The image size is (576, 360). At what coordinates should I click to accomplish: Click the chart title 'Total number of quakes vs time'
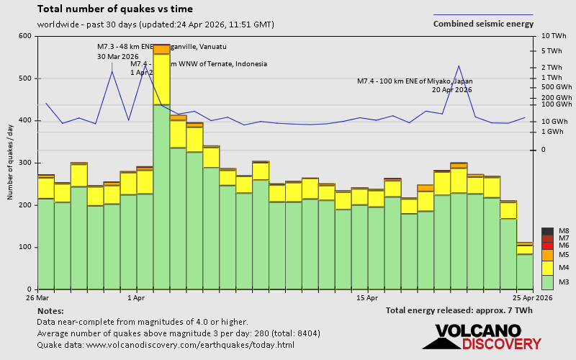(114, 9)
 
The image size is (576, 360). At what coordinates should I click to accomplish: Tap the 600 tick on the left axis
(26, 36)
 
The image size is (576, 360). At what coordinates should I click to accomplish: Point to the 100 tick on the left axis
(26, 247)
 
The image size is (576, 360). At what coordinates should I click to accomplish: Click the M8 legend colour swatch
(547, 231)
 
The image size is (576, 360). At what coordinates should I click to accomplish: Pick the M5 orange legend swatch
(547, 255)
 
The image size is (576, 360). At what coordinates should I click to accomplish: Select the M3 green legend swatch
(547, 282)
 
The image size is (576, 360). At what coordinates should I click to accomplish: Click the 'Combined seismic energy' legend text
(483, 24)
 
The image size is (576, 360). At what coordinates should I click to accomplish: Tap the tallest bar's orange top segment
(161, 49)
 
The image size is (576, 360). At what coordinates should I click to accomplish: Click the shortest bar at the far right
(524, 270)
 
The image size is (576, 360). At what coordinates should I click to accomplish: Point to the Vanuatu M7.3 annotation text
(162, 47)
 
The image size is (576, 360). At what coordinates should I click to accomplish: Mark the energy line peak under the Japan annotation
(459, 66)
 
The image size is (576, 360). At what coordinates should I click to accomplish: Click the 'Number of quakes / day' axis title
(11, 162)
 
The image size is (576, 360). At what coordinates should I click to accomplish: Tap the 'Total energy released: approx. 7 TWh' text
(459, 310)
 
